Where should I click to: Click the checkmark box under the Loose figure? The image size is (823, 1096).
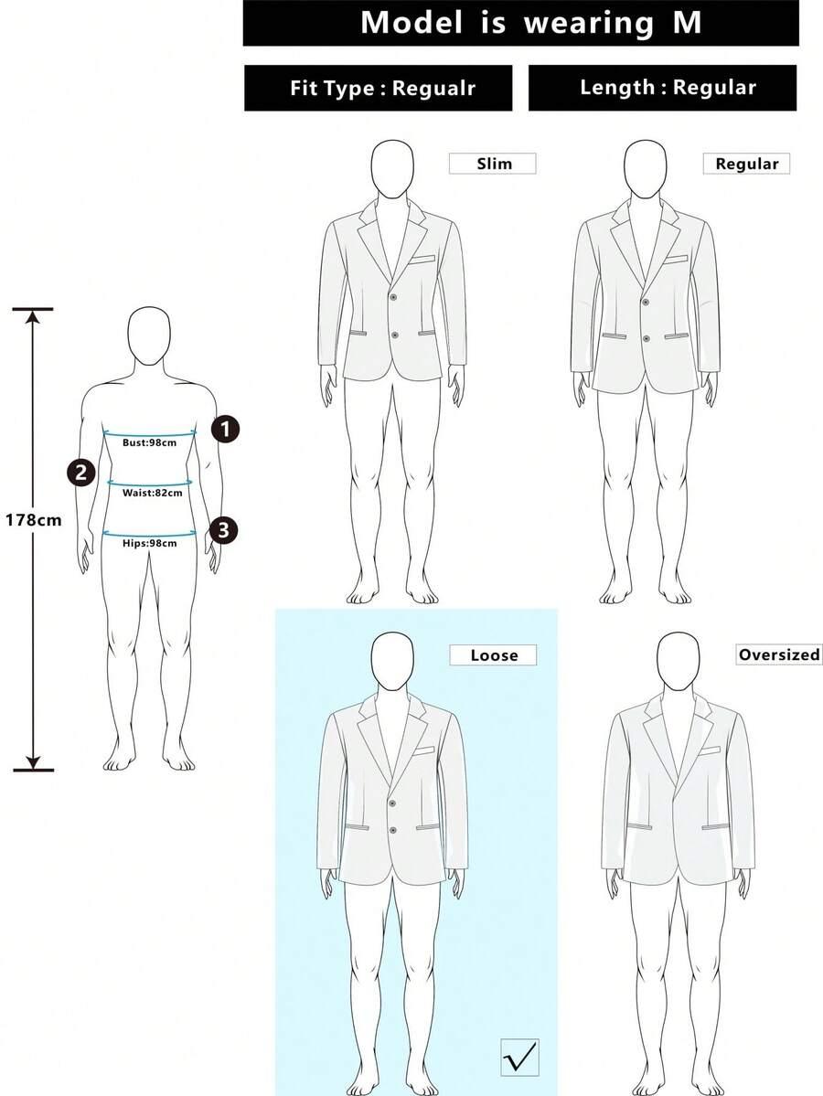tap(520, 1058)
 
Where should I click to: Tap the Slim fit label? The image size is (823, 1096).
tap(493, 164)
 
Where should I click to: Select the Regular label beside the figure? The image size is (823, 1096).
tap(746, 164)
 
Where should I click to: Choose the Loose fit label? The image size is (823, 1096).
tap(493, 654)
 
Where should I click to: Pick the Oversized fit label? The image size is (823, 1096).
tap(779, 654)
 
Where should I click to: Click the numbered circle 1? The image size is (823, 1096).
tap(225, 429)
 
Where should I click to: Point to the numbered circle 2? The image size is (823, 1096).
tap(81, 473)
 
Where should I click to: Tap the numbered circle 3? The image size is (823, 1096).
tap(223, 530)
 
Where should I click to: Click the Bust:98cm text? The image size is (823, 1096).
tap(150, 442)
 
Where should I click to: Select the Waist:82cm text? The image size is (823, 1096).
tap(153, 493)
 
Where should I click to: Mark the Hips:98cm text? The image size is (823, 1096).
tap(150, 543)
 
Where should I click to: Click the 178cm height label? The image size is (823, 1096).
tap(34, 520)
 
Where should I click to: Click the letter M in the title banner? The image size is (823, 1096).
tap(687, 22)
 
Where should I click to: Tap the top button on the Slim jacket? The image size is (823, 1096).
tap(393, 297)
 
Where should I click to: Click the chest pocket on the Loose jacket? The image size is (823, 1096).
tap(423, 752)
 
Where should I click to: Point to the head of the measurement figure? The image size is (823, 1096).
tap(149, 336)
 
